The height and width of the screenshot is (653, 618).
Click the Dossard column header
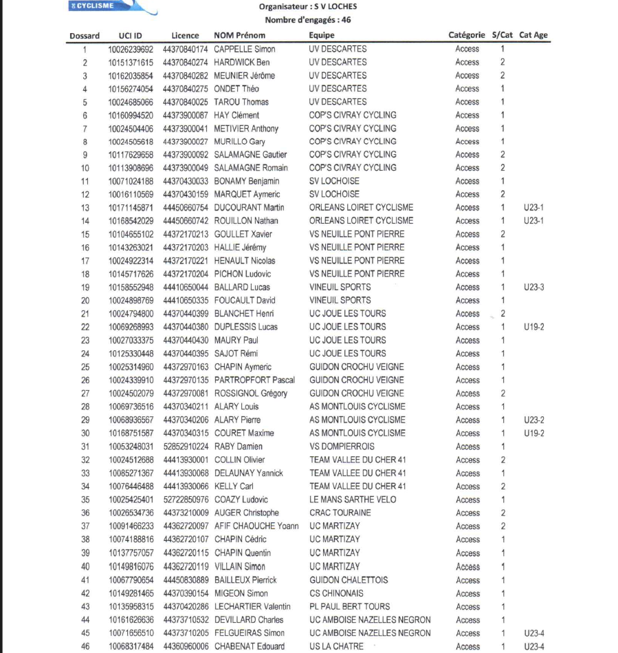click(85, 36)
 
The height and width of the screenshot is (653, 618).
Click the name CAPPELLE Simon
click(245, 49)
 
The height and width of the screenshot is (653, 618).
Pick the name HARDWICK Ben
click(242, 62)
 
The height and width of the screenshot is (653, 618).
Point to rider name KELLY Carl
click(234, 486)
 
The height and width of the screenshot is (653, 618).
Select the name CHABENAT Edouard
click(250, 646)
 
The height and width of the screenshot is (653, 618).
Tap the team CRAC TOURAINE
click(340, 513)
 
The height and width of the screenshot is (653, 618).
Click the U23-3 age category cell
click(533, 287)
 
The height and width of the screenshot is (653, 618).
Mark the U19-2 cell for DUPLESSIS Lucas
click(533, 327)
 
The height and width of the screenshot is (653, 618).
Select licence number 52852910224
click(186, 447)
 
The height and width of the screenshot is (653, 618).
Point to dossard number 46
click(85, 646)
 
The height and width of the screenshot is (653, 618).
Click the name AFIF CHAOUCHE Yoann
click(256, 526)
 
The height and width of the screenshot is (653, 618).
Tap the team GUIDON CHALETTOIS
click(349, 579)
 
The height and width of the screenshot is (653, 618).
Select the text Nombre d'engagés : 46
click(308, 20)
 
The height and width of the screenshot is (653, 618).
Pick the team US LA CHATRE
click(336, 646)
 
